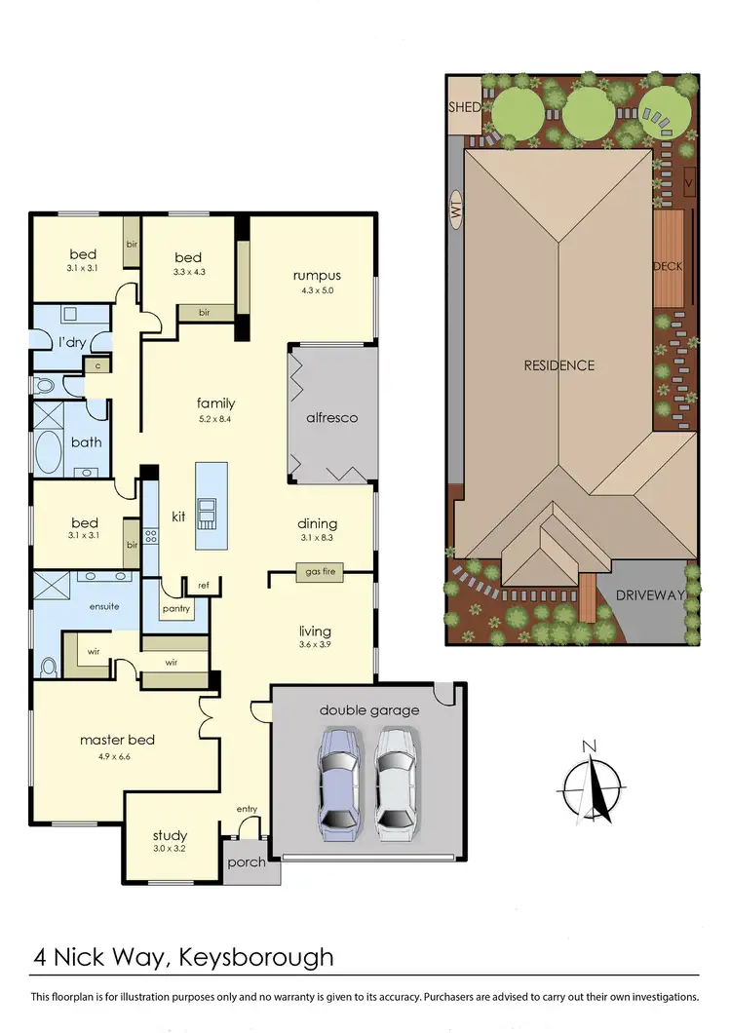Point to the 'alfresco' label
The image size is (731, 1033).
click(332, 417)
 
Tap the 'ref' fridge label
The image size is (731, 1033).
click(204, 585)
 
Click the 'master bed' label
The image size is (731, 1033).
click(117, 740)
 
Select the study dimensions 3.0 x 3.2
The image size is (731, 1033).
click(170, 849)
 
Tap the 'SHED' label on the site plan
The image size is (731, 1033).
click(464, 106)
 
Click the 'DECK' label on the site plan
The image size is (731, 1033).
click(668, 264)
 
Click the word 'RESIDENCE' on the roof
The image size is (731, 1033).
click(558, 365)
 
